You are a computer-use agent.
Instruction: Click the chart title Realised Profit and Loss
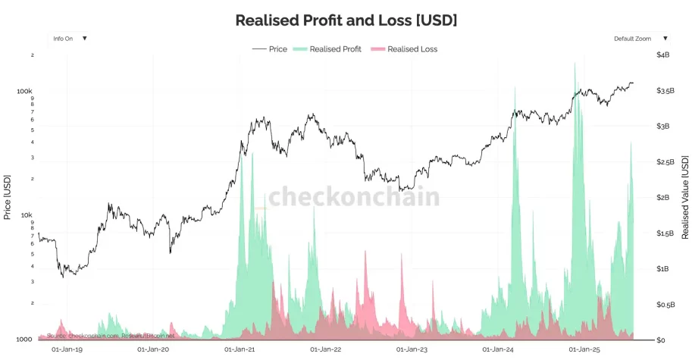pos(346,20)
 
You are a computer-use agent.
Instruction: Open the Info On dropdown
pos(69,38)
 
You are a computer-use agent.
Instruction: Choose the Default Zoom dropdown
pos(641,38)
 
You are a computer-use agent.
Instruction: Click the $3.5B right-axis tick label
pos(665,91)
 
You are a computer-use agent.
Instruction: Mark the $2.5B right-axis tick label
pos(665,162)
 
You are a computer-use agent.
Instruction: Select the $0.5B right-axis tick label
pos(665,305)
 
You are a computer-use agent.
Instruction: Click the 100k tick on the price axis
pos(25,91)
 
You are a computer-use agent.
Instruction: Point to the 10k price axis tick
pos(27,215)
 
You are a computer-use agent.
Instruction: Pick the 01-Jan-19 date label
pos(67,350)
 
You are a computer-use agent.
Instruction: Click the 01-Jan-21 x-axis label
pos(240,350)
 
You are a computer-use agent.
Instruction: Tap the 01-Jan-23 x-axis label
pos(412,350)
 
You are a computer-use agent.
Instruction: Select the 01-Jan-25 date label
pos(584,350)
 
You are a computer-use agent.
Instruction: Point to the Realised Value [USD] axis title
pos(685,197)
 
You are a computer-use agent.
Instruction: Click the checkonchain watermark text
pos(353,197)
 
